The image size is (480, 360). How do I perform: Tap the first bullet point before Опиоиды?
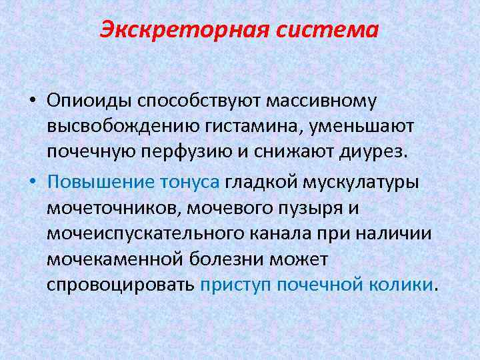click(x=32, y=101)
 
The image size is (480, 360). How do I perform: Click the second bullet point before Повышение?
click(x=32, y=182)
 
